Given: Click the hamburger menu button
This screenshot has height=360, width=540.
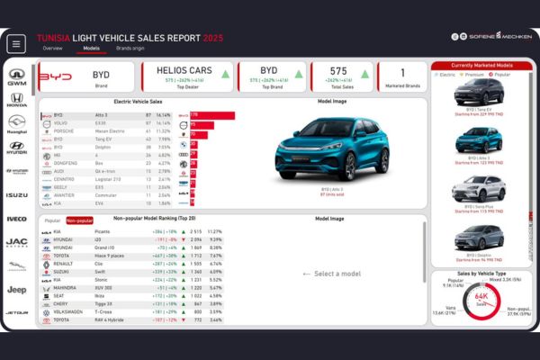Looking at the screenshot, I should [x=16, y=44].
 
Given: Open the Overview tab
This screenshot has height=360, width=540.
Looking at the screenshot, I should [x=53, y=48].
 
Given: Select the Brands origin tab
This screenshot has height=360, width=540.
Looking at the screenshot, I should [x=130, y=48].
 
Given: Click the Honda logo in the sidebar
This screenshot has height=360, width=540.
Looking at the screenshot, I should [x=17, y=98].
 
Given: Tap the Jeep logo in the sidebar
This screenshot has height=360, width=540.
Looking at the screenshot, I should [x=17, y=289].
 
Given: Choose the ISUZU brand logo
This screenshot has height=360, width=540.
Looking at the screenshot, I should [x=17, y=194].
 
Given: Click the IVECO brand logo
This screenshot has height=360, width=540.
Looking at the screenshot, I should [x=17, y=219].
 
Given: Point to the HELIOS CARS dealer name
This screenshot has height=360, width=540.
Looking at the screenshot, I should [x=184, y=69].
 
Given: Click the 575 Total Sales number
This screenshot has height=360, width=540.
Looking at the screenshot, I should [x=337, y=69].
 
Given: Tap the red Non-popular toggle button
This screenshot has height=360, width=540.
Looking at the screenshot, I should [x=79, y=220].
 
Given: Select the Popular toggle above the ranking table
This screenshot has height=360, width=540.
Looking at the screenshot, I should [x=53, y=220].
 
